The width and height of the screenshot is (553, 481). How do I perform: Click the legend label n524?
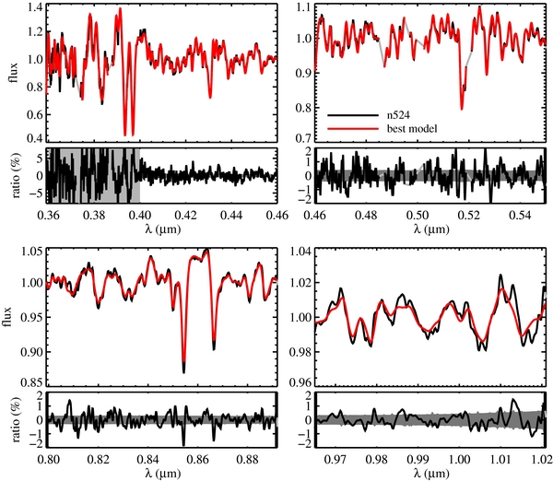click(398, 115)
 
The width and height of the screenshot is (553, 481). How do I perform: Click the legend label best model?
click(412, 129)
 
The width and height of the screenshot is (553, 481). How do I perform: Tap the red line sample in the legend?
click(353, 129)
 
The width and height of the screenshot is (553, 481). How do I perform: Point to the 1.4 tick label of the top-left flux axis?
click(35, 7)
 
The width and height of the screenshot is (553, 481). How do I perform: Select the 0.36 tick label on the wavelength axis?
click(48, 215)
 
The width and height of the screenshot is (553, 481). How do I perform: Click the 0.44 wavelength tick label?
click(231, 215)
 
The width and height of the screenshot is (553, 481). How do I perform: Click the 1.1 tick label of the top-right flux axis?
click(303, 7)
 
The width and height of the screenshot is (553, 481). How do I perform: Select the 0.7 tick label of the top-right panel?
click(303, 138)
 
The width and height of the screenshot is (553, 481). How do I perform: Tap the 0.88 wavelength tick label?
click(252, 459)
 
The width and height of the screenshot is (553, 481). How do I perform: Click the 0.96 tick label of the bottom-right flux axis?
click(300, 383)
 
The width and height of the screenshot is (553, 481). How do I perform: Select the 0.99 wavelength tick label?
click(419, 459)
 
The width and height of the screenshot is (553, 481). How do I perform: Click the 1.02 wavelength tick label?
click(542, 459)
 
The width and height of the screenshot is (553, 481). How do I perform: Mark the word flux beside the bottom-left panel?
click(7, 317)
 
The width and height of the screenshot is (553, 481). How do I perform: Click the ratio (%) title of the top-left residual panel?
click(17, 175)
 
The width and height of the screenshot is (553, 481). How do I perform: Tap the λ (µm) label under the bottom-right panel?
click(431, 473)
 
